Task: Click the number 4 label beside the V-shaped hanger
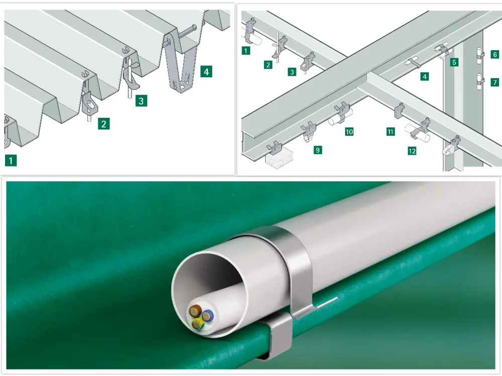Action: tap(206, 71)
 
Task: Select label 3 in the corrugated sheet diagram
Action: tap(141, 101)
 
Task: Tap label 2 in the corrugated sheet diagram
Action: tap(104, 124)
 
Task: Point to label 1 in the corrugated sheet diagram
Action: tap(11, 160)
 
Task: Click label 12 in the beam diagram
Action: tap(412, 150)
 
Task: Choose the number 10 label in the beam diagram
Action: tap(349, 131)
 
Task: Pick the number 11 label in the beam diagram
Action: tap(390, 131)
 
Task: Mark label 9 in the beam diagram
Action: tap(318, 150)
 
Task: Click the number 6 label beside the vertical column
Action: tap(494, 54)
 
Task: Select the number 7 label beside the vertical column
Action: tap(494, 82)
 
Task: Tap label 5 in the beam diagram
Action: tap(454, 62)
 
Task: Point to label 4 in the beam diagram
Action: tap(425, 76)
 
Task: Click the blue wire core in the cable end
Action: tap(208, 315)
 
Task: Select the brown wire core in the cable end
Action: tap(195, 310)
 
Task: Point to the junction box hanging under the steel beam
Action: tap(279, 159)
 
